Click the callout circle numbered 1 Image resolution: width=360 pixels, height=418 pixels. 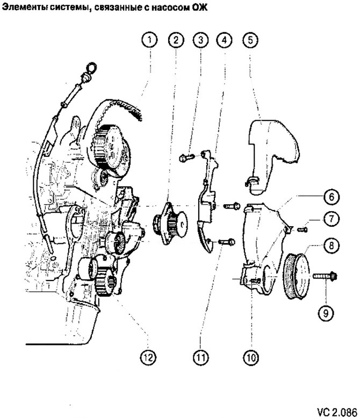(x=150, y=39)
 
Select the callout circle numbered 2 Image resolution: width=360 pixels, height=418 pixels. (x=176, y=39)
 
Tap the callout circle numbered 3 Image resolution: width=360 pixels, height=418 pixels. (x=200, y=39)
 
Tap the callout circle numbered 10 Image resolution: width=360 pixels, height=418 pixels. (x=251, y=356)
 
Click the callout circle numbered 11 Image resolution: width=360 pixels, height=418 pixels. (x=200, y=356)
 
